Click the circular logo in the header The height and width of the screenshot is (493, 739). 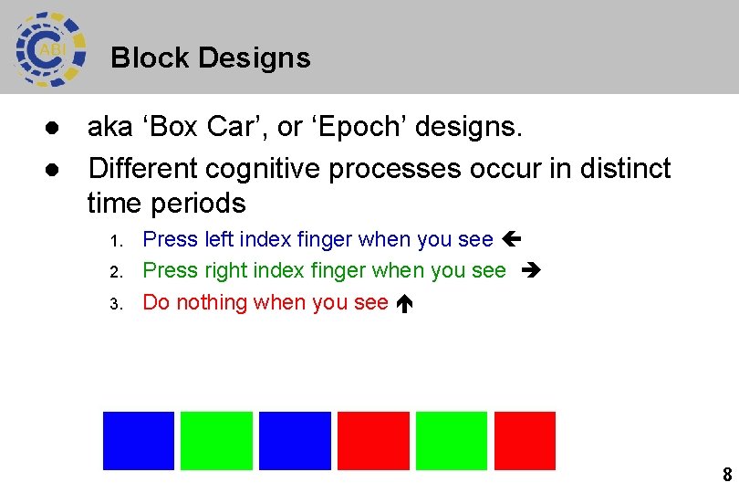coord(50,49)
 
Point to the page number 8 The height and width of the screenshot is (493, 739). coord(726,475)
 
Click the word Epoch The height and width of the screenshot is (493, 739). coord(355,128)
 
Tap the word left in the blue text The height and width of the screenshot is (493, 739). coord(219,239)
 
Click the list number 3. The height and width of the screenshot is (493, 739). coord(115,304)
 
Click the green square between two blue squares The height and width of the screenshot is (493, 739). coord(216,440)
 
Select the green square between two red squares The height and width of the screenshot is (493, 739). coord(451,440)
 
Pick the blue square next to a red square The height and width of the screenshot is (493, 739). coord(295,440)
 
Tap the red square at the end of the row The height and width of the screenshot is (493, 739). coord(525,440)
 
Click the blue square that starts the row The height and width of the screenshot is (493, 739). coord(138,440)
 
